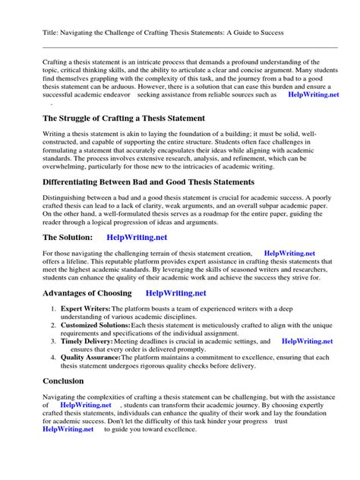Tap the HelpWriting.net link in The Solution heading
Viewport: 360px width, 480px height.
point(137,237)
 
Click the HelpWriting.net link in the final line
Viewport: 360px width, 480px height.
point(68,429)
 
